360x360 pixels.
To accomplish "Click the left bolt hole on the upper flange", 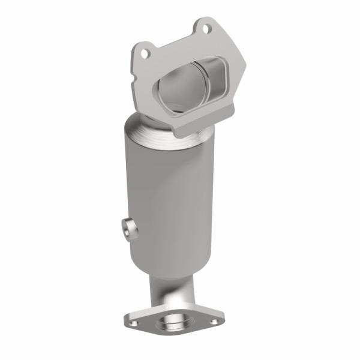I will [144, 53].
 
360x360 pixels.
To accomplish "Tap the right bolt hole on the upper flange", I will [205, 28].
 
